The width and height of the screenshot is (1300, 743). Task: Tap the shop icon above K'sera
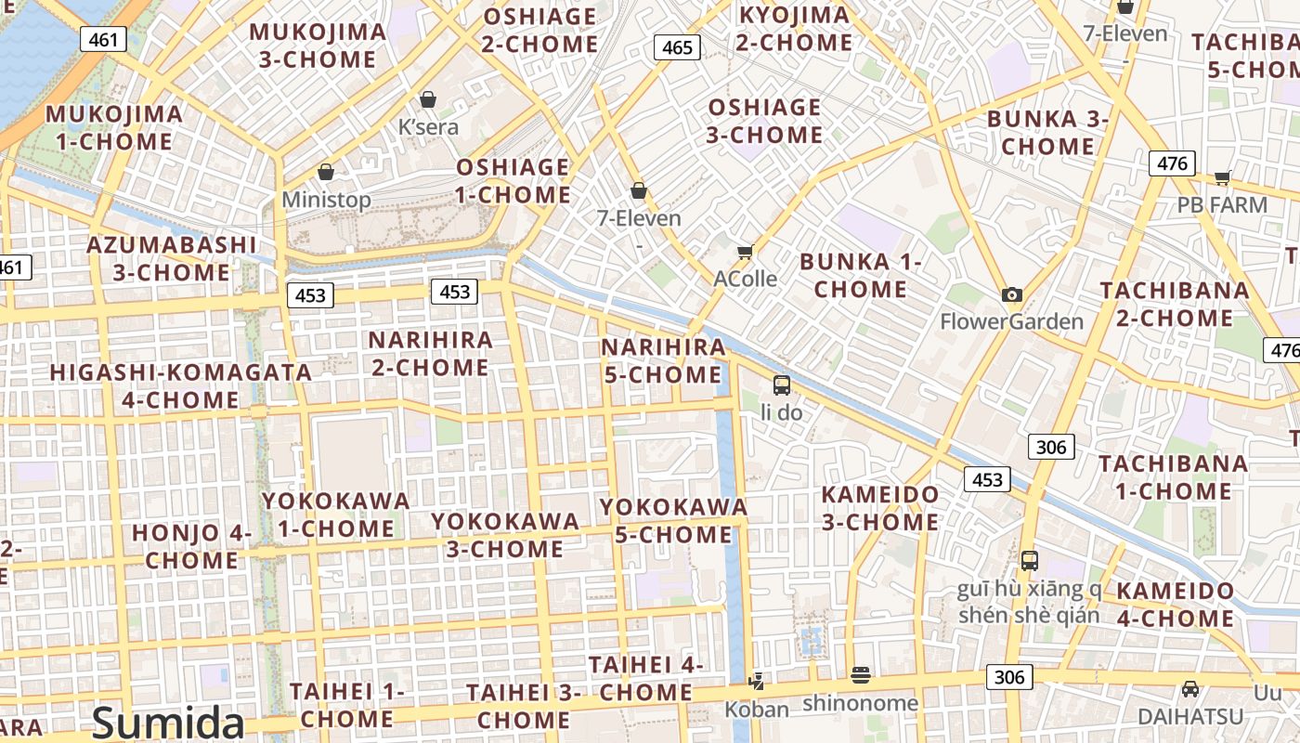pos(428,99)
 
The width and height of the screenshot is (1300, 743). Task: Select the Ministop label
pos(326,200)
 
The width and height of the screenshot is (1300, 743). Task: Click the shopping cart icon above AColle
pos(745,252)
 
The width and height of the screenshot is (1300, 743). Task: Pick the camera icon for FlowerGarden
pos(1012,294)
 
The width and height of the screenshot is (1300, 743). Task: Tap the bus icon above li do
pos(782,385)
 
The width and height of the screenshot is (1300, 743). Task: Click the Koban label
pos(757,710)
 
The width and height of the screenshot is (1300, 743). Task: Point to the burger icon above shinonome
pos(861,675)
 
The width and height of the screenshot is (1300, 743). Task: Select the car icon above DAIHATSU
pos(1190,689)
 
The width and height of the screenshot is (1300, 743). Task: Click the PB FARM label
pos(1222,204)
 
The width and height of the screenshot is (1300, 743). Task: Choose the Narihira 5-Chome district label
pos(662,360)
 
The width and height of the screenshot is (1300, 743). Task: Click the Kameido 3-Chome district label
pos(880,507)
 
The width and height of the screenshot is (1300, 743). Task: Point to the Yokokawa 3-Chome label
pos(505,534)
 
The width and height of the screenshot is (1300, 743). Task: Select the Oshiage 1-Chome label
pos(513,181)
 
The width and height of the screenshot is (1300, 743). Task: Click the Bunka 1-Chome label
pos(860,275)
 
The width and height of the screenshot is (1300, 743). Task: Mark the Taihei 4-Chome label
pos(645,678)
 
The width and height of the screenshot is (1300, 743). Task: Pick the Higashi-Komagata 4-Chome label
pos(181,385)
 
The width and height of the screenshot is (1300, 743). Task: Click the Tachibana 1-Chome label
pos(1173,476)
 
